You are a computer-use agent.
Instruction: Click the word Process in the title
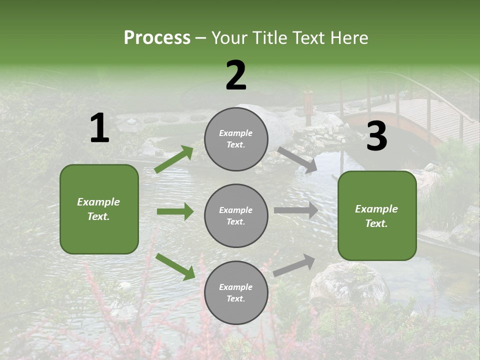[x=157, y=38]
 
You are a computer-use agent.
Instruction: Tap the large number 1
[x=99, y=128]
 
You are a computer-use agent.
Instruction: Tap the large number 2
[x=236, y=75]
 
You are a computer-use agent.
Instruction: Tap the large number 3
[x=376, y=136]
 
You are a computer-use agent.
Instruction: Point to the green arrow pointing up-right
[x=174, y=159]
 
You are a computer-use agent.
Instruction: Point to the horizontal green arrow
[x=175, y=211]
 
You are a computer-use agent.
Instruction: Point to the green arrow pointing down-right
[x=175, y=266]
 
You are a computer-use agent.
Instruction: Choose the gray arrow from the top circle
[x=297, y=159]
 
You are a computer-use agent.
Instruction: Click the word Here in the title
[x=349, y=38]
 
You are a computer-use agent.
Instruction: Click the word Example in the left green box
[x=98, y=202]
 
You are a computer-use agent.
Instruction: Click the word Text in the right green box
[x=376, y=223]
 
